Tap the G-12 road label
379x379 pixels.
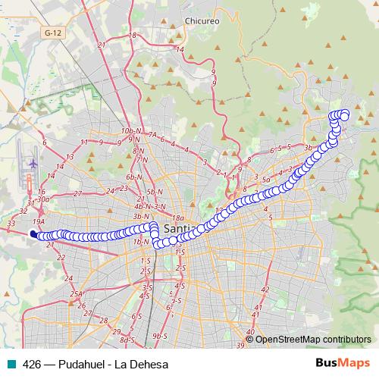pyautogui.click(x=52, y=33)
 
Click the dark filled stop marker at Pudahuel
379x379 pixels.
pyautogui.click(x=33, y=234)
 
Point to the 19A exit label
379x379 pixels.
pyautogui.click(x=39, y=219)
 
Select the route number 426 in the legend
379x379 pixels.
pyautogui.click(x=32, y=364)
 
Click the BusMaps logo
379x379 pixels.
pyautogui.click(x=343, y=364)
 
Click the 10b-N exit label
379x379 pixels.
pyautogui.click(x=130, y=131)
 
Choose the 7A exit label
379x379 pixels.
pyautogui.click(x=152, y=135)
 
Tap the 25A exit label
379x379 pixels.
pyautogui.click(x=76, y=294)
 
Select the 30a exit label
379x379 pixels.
pyautogui.click(x=43, y=199)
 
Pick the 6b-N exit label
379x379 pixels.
pyautogui.click(x=135, y=176)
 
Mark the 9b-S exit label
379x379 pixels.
pyautogui.click(x=159, y=335)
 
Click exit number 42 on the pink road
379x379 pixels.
pyautogui.click(x=265, y=290)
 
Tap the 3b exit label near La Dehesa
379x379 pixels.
pyautogui.click(x=308, y=146)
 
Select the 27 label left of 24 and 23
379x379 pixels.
pyautogui.click(x=78, y=194)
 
